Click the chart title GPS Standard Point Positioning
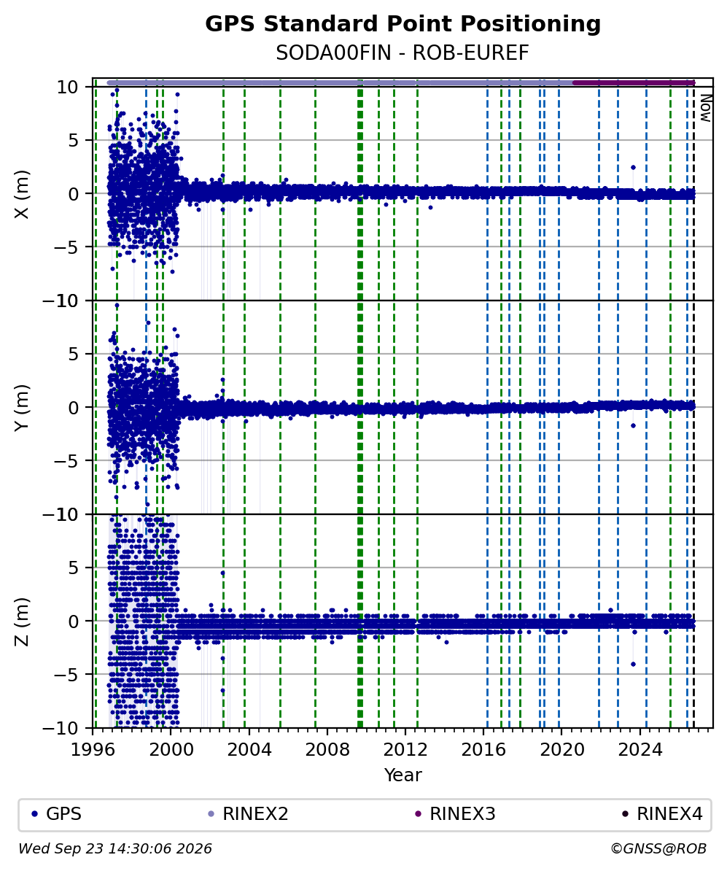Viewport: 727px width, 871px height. tap(403, 24)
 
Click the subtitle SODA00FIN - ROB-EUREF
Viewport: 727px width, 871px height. tap(403, 53)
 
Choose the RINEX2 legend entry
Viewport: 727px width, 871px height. tap(248, 814)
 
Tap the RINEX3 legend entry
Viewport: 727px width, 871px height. tap(455, 814)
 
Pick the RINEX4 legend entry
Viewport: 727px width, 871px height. tap(662, 814)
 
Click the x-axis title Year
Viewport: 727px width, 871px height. tap(403, 775)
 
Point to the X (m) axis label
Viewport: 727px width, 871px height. tap(22, 194)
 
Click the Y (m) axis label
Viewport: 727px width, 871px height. tap(22, 407)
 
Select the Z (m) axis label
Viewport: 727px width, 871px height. tap(22, 622)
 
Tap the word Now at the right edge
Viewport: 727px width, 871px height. tap(705, 108)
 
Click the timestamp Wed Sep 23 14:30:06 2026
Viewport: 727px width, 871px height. tap(115, 849)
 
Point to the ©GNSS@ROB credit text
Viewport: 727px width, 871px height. tap(658, 849)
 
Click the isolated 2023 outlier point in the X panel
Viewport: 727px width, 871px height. tap(633, 167)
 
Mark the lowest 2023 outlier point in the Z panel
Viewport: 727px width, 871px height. tap(633, 665)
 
